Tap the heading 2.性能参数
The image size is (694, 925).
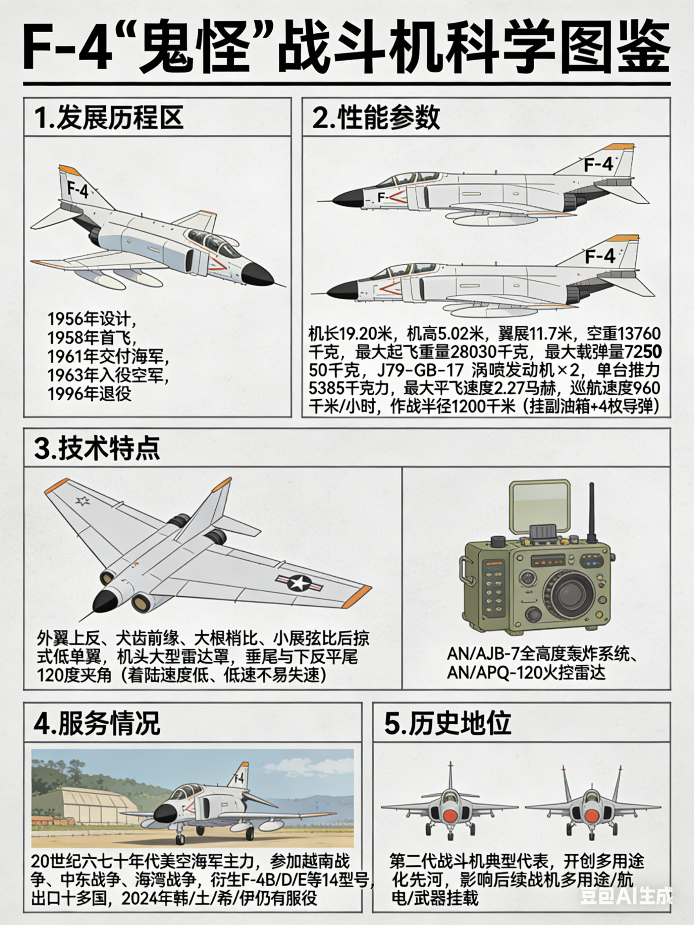click(x=376, y=118)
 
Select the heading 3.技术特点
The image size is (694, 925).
click(x=97, y=448)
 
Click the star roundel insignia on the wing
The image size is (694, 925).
click(x=299, y=583)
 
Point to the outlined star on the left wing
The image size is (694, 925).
click(x=83, y=501)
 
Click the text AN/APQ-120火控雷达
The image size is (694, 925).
click(x=526, y=673)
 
